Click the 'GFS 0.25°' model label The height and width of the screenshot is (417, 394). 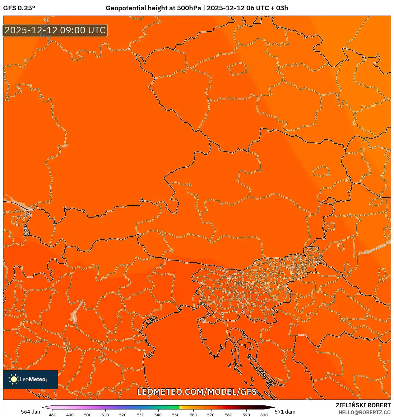click(19, 8)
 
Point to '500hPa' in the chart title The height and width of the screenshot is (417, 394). click(189, 8)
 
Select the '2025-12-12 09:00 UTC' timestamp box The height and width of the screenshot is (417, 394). click(55, 31)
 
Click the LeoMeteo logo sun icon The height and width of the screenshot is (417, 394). click(14, 379)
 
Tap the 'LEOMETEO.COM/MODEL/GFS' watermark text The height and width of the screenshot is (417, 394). click(197, 392)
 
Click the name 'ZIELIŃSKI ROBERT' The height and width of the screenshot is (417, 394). click(363, 405)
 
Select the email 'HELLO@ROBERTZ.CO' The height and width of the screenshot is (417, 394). click(364, 412)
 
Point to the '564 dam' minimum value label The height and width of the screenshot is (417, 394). click(31, 412)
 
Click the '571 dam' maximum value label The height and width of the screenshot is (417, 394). click(285, 412)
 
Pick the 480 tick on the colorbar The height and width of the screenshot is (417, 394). click(53, 415)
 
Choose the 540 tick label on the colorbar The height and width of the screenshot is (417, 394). click(158, 415)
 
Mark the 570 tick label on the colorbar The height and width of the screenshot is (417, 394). click(211, 415)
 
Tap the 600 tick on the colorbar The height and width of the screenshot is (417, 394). click(264, 415)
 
